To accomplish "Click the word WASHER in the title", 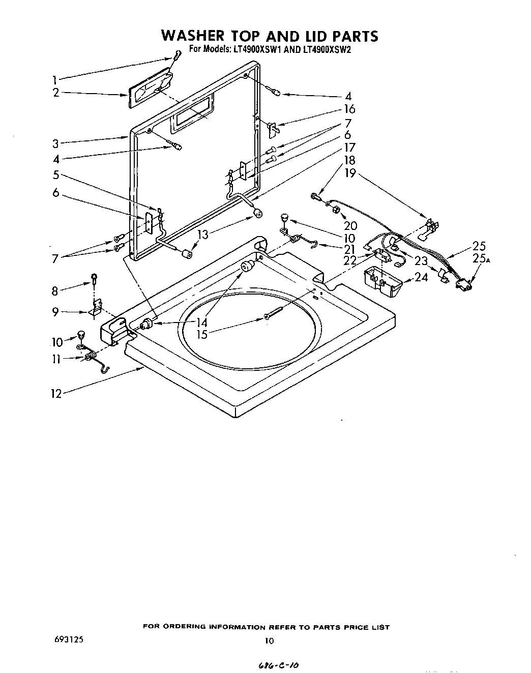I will click(192, 36).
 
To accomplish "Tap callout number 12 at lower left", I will click(56, 393).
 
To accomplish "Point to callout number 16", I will click(349, 109).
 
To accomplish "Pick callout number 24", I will click(421, 277).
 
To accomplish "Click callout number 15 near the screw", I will click(203, 335).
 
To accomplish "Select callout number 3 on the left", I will click(55, 143).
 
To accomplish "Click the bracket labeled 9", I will click(96, 308).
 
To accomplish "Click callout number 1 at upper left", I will click(55, 79).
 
